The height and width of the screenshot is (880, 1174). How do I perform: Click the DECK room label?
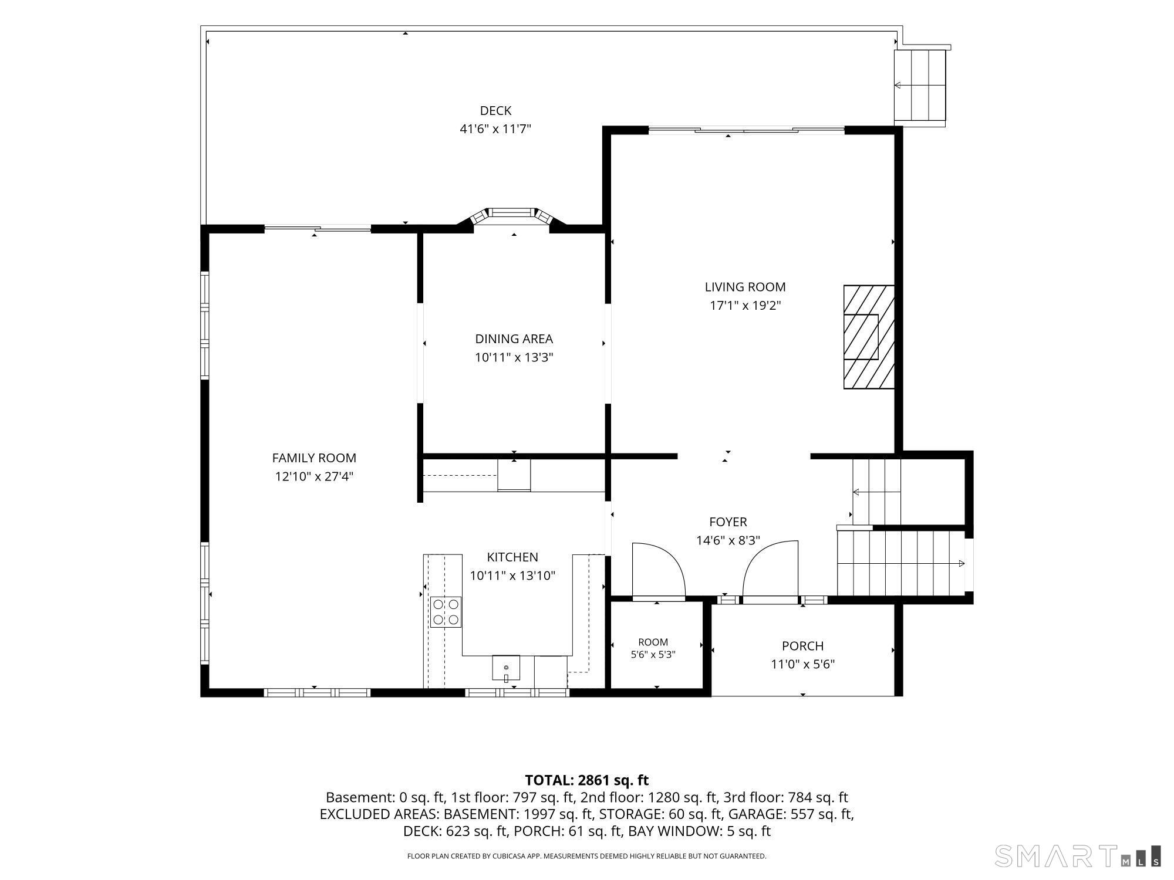click(x=495, y=110)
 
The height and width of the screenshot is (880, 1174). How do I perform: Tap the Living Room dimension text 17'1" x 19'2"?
click(x=745, y=305)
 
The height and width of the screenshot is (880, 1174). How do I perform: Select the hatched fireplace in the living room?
click(x=869, y=337)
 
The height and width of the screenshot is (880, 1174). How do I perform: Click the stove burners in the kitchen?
click(x=446, y=611)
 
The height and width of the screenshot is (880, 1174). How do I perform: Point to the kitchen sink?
click(x=506, y=668)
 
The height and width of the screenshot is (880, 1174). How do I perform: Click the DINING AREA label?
click(x=514, y=339)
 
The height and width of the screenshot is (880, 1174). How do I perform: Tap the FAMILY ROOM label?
click(x=314, y=458)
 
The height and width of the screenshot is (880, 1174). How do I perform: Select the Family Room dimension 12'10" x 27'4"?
click(x=314, y=476)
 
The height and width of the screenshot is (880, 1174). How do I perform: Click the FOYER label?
click(x=728, y=522)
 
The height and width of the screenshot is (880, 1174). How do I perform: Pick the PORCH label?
click(x=802, y=646)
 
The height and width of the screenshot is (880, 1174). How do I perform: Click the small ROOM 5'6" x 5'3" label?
click(x=653, y=648)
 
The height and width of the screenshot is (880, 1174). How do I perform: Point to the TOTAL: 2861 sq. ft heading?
click(x=586, y=780)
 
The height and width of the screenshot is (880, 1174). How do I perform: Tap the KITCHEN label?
click(x=512, y=557)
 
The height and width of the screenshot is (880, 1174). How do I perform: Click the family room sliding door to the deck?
click(x=318, y=228)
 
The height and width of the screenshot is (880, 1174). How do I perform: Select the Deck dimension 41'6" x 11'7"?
click(x=495, y=128)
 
